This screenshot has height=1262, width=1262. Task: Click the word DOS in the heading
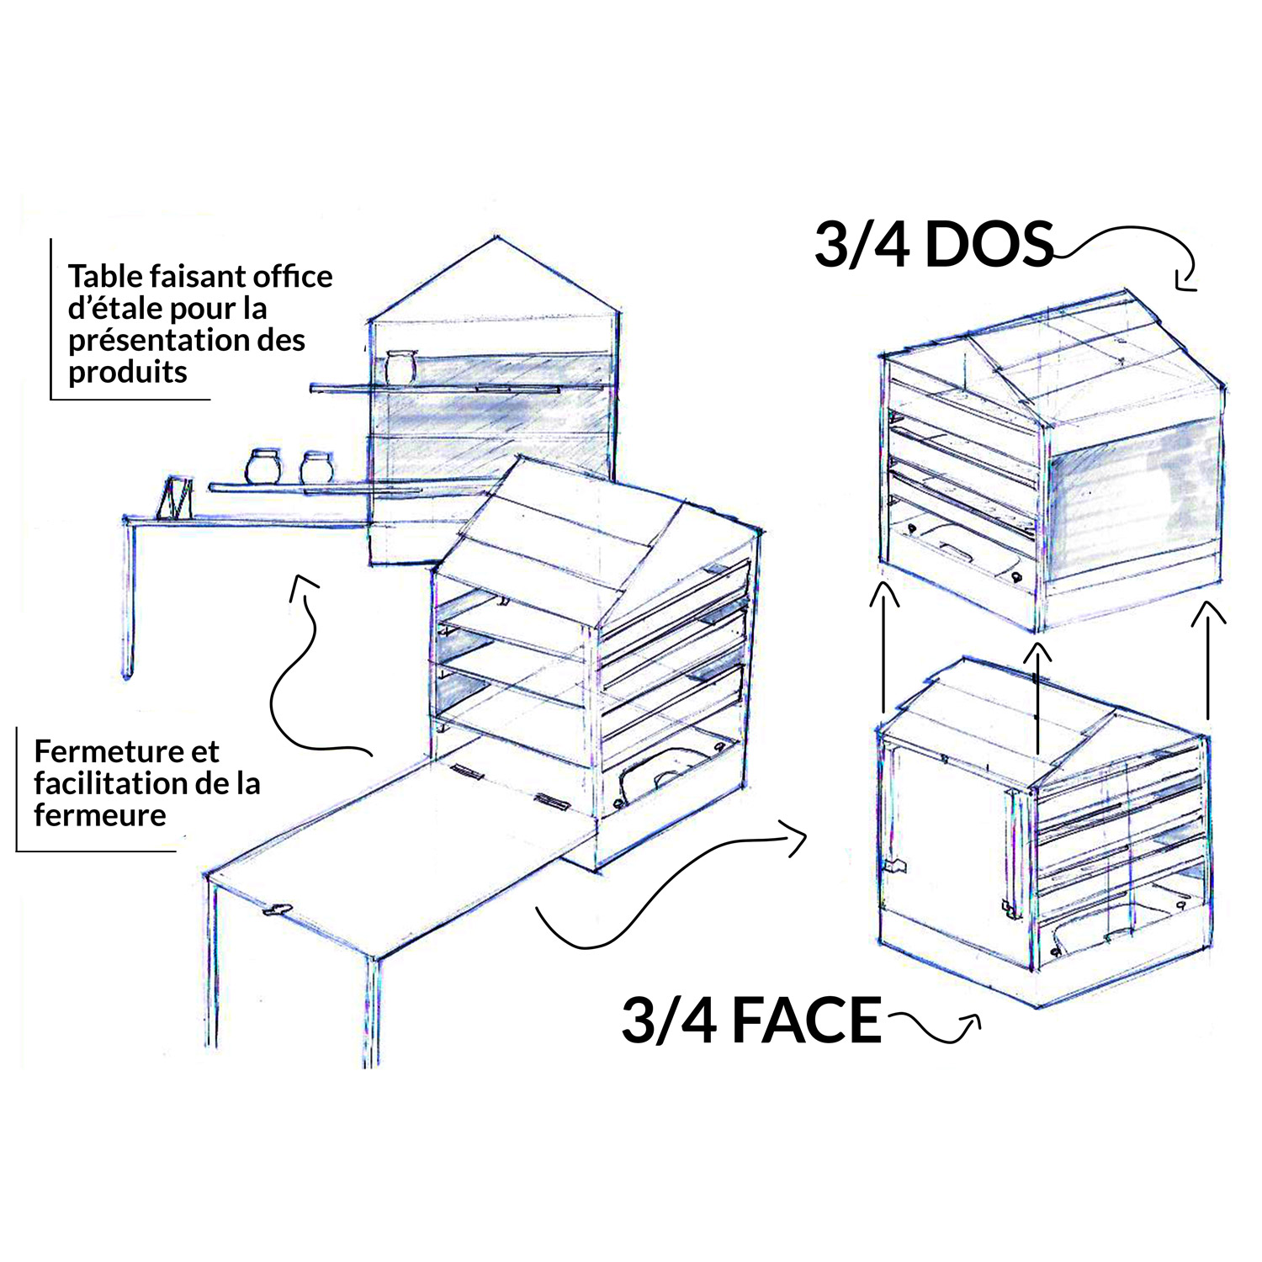click(989, 245)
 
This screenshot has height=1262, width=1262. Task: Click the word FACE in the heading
click(806, 1020)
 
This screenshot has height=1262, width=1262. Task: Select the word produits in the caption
click(128, 372)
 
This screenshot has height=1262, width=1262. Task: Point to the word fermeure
click(100, 814)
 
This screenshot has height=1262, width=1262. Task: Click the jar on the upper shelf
click(400, 367)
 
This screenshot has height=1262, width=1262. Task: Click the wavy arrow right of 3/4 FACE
click(933, 1027)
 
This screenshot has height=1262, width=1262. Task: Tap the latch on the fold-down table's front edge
click(278, 909)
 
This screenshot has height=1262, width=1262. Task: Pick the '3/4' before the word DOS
click(862, 245)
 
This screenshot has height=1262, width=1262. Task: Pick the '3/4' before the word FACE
click(670, 1020)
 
